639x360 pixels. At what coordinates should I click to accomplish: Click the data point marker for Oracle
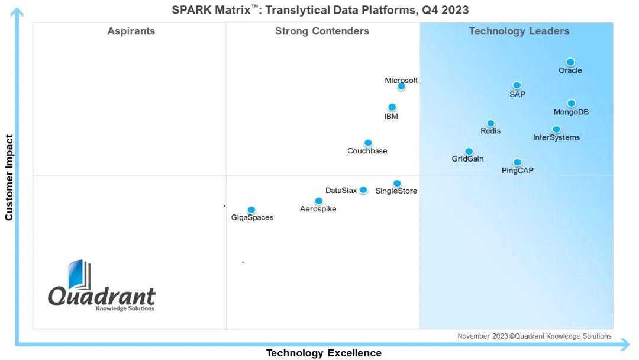570,62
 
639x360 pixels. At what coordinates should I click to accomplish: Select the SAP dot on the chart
517,85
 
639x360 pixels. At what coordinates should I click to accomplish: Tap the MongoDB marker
572,104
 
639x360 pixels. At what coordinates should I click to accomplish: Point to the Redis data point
490,123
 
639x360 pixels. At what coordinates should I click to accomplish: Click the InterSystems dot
556,129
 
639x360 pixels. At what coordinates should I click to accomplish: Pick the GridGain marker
469,152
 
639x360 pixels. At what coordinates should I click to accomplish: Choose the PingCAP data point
517,162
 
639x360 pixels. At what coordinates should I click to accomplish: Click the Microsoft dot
401,86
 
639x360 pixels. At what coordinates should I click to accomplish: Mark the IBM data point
392,107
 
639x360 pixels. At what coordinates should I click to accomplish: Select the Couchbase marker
368,143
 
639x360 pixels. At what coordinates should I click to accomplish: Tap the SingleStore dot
397,184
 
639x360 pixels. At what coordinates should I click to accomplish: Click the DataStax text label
341,191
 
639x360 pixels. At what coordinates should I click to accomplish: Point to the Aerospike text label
318,209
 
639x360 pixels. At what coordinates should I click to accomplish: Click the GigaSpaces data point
251,210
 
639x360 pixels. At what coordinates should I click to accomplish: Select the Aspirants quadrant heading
131,31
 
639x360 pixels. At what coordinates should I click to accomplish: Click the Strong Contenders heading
322,31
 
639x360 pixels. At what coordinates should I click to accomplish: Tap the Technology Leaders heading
519,31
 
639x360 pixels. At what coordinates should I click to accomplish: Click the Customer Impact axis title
9,178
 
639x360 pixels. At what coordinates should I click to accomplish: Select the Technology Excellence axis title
324,353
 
